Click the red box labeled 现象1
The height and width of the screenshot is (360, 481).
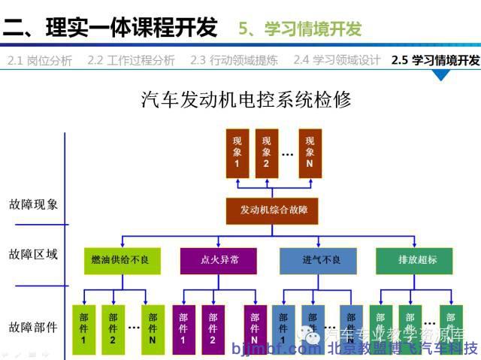[237, 153]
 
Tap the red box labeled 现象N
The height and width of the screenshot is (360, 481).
[310, 153]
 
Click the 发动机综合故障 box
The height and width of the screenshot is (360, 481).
[274, 210]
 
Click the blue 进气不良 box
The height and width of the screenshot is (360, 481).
[321, 259]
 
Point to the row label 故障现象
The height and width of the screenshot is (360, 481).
[33, 204]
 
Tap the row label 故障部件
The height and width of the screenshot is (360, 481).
[33, 327]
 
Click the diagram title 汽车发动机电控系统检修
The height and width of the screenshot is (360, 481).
[247, 99]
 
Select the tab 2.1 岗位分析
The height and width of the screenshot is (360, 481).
[40, 61]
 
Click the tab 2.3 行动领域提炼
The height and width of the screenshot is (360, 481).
[237, 61]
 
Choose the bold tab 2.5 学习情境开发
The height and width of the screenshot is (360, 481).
[435, 61]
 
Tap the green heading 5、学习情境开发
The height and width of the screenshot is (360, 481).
[300, 29]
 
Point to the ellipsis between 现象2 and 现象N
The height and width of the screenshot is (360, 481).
[287, 154]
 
